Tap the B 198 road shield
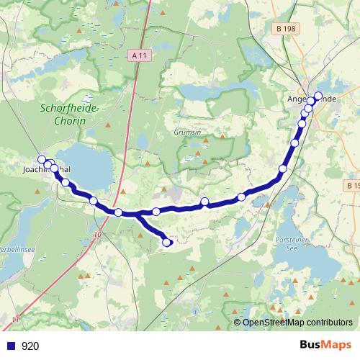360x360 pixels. coord(285,28)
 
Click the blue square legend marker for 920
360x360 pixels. coord(11,346)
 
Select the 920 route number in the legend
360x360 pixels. coord(30,346)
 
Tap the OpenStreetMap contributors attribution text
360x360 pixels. coord(297,323)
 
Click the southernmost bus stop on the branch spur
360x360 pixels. coord(167,243)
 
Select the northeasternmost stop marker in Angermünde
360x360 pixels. coord(318,96)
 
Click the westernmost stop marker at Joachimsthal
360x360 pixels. coord(42,160)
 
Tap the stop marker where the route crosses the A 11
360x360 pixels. coord(118,212)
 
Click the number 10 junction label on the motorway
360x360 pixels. coord(97,235)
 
